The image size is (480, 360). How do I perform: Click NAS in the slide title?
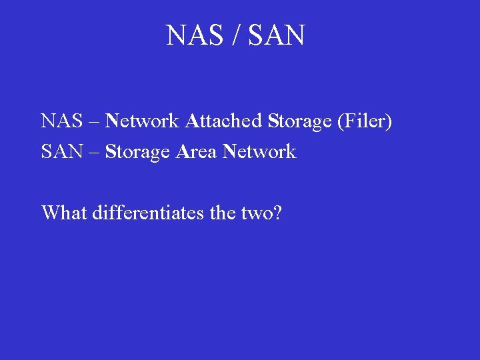click(194, 35)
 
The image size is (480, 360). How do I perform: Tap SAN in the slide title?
click(277, 35)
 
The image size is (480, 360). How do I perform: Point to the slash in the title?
click(235, 35)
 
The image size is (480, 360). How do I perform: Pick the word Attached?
click(223, 121)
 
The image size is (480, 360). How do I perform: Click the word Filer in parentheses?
click(364, 121)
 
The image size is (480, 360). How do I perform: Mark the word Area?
click(197, 152)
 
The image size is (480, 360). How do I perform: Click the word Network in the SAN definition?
click(259, 152)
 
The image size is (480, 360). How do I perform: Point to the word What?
click(64, 213)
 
